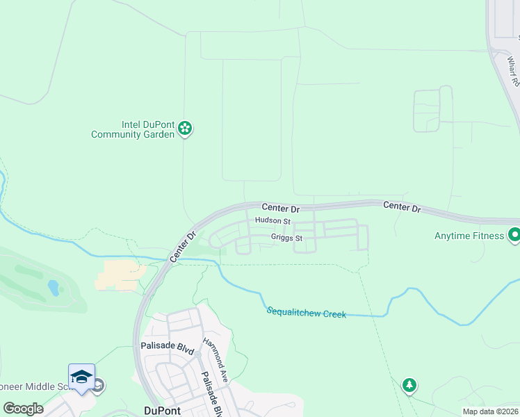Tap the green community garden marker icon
[x=185, y=128]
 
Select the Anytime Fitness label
[x=469, y=236]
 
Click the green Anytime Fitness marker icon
[x=514, y=236]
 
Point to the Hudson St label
[x=273, y=220]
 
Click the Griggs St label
[x=286, y=238]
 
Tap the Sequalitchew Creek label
[x=306, y=313]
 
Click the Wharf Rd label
[x=513, y=72]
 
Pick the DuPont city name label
[x=162, y=411]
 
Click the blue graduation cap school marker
[x=81, y=377]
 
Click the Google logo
[x=23, y=409]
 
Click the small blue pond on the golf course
[x=54, y=286]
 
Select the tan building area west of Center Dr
[x=121, y=275]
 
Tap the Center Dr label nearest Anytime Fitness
[x=402, y=207]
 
